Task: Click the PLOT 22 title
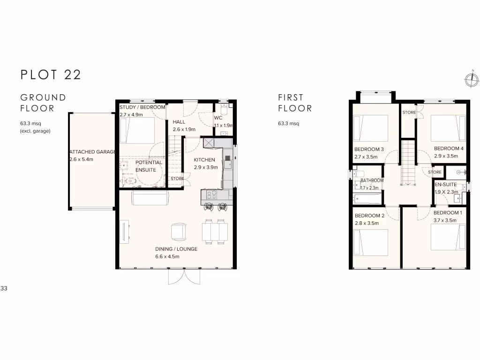coord(51,75)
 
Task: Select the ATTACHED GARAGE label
coord(92,152)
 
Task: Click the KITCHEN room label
coord(205,160)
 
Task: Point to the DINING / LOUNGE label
coord(176,249)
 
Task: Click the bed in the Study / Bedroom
coord(137,130)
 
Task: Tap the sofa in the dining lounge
coord(150,198)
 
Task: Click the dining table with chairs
coord(215,232)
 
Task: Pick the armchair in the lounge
coord(179,232)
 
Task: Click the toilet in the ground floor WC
coord(224,109)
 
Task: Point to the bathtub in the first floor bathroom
coord(367,199)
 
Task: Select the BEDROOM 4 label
coord(449,149)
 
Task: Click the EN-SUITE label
coord(445,185)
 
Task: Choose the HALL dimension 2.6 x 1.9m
coord(184,129)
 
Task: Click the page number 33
coord(4,288)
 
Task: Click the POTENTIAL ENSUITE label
coord(149,166)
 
